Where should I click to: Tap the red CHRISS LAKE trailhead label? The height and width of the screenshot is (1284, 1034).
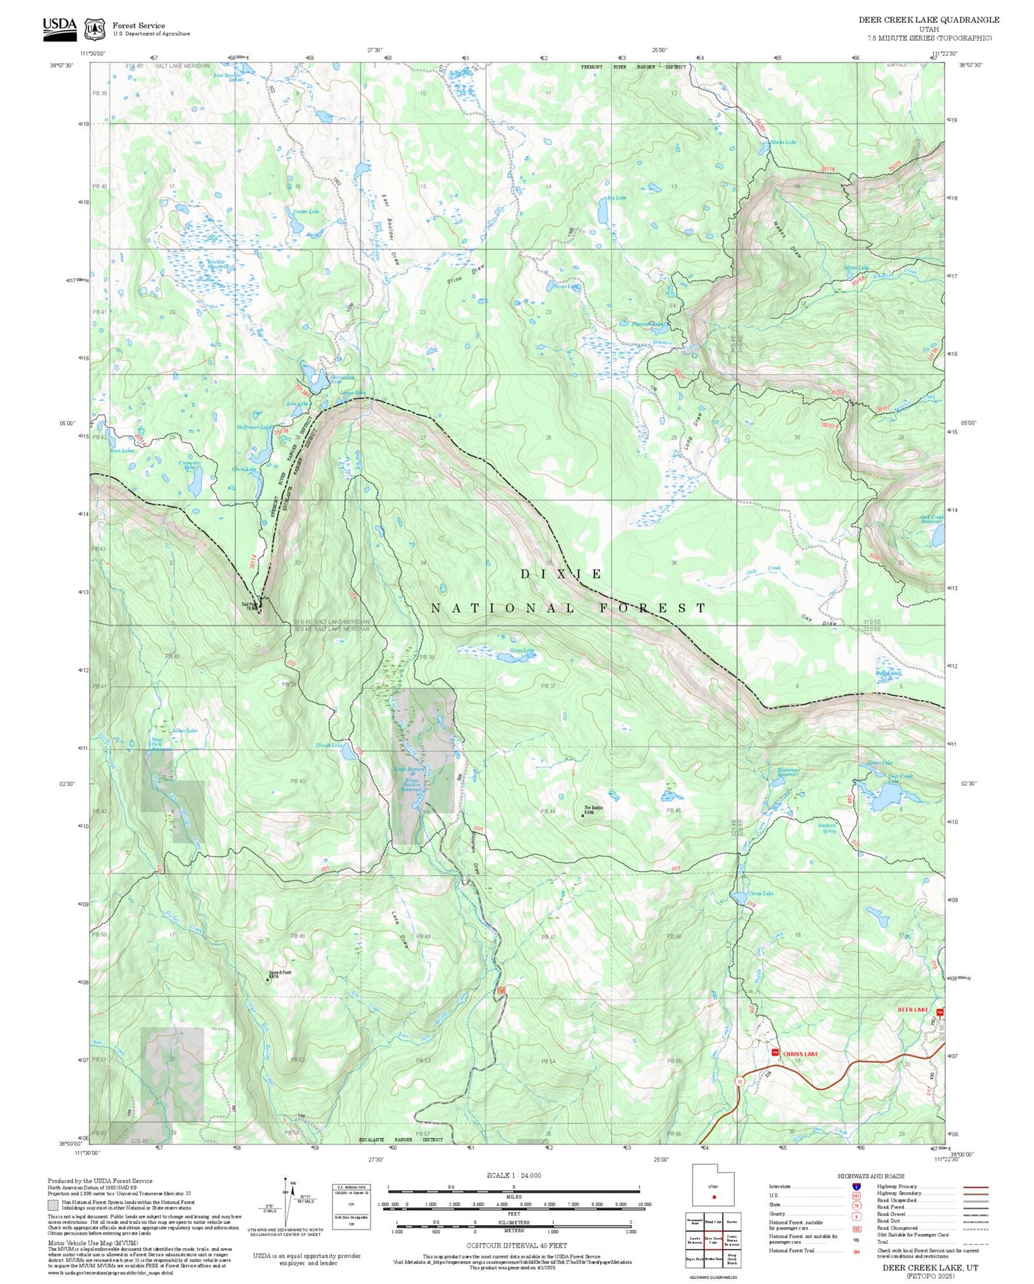tap(800, 1054)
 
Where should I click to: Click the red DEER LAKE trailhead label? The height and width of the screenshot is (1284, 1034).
tap(912, 1009)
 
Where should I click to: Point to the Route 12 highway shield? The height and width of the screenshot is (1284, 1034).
tap(739, 1081)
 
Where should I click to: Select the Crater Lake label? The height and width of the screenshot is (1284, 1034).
tap(306, 212)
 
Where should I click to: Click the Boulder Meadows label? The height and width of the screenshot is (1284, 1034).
tap(216, 264)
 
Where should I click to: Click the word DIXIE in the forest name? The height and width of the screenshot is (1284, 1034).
tap(561, 574)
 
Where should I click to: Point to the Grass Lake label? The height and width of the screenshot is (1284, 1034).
tap(522, 651)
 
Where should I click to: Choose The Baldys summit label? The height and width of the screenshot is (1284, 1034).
tap(593, 809)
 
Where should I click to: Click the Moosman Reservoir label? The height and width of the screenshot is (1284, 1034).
tap(788, 772)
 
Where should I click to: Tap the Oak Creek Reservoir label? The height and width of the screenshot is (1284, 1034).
tap(932, 519)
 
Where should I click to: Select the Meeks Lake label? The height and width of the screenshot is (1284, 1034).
tap(782, 142)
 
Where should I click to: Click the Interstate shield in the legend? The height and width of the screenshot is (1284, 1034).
tap(856, 1187)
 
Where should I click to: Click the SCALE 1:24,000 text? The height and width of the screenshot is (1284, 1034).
tap(514, 1175)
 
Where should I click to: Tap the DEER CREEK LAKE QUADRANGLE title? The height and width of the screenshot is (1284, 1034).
tap(929, 20)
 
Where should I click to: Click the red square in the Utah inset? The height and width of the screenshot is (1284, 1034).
tap(713, 1197)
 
